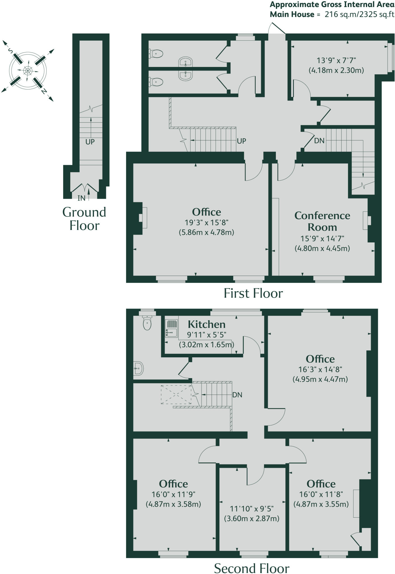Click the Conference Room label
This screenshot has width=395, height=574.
click(322, 221)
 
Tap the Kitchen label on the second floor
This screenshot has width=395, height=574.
click(207, 324)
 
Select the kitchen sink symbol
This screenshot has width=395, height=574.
click(171, 328)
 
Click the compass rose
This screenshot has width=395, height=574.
click(27, 70)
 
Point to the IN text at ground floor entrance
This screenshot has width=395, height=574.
click(81, 198)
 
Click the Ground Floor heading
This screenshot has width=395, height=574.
click(84, 219)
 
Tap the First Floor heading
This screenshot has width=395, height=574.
click(253, 293)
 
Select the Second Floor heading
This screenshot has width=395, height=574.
click(251, 566)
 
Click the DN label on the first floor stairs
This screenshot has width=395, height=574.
click(319, 141)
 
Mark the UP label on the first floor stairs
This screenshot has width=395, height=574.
click(241, 141)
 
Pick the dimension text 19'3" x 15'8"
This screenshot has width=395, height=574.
click(207, 223)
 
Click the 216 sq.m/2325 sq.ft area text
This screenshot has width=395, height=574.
click(359, 15)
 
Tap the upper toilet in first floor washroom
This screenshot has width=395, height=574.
click(156, 54)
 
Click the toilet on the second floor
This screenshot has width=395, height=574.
click(147, 323)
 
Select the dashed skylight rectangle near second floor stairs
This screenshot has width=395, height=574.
click(176, 394)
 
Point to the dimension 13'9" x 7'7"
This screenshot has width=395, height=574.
click(336, 60)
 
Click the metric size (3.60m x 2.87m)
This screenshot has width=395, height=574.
click(252, 518)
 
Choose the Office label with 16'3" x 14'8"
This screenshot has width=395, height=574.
click(320, 359)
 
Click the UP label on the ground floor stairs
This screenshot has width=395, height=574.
click(90, 142)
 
